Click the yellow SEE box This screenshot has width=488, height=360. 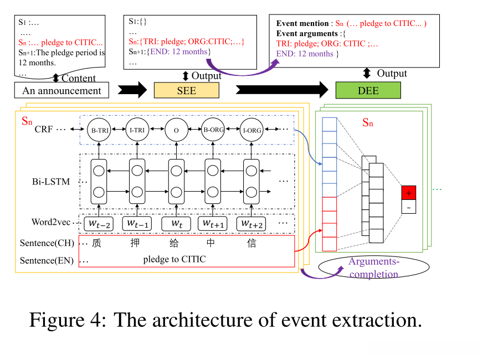pyautogui.click(x=186, y=90)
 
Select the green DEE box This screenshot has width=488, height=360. pyautogui.click(x=368, y=90)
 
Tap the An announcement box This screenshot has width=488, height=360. pyautogui.click(x=61, y=90)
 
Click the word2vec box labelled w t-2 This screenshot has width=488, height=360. pyautogui.click(x=99, y=224)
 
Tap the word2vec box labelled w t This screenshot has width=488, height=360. pyautogui.click(x=176, y=224)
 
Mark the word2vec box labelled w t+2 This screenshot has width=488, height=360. pyautogui.click(x=251, y=224)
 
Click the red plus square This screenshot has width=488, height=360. pyautogui.click(x=409, y=193)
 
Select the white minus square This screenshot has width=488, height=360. pyautogui.click(x=409, y=207)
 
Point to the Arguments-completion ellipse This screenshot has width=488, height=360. pyautogui.click(x=374, y=268)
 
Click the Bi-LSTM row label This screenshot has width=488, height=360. pyautogui.click(x=51, y=181)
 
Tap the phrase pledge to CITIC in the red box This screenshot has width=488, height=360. pyautogui.click(x=174, y=259)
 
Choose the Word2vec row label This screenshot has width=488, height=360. pyautogui.click(x=52, y=223)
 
